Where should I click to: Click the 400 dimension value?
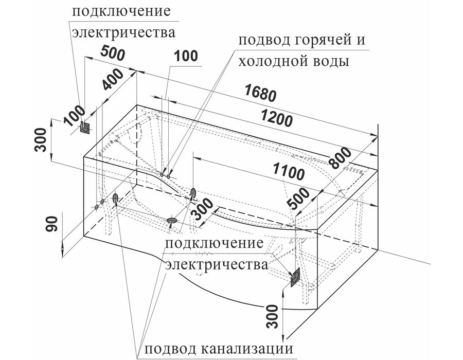(113, 79)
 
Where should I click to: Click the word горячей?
(319, 41)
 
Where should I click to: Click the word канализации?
(247, 349)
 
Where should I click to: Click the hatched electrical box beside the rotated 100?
(85, 128)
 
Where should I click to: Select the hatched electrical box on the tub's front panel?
(295, 277)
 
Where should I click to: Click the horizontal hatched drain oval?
(172, 220)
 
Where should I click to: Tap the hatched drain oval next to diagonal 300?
(193, 193)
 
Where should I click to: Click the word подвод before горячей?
(263, 41)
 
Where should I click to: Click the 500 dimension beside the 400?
(113, 53)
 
